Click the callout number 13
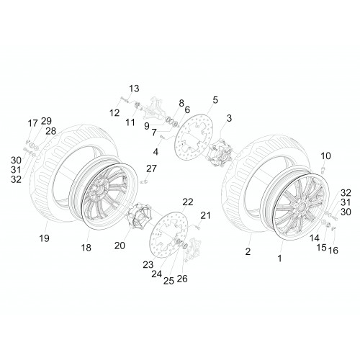point(134,89)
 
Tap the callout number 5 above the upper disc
point(215,100)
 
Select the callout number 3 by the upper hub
point(229,118)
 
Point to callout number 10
point(325,156)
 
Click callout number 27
point(151,168)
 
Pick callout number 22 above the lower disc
point(188,202)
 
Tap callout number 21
point(205,215)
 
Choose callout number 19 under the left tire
point(45,238)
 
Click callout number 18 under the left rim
point(86,248)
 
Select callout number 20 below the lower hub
point(120,246)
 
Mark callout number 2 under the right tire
point(248,251)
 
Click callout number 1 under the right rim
point(279,258)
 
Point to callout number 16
point(333,251)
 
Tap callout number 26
point(182,279)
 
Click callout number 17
point(33,123)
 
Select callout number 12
point(114,112)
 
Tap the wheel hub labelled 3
point(220,153)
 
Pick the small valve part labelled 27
point(145,181)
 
